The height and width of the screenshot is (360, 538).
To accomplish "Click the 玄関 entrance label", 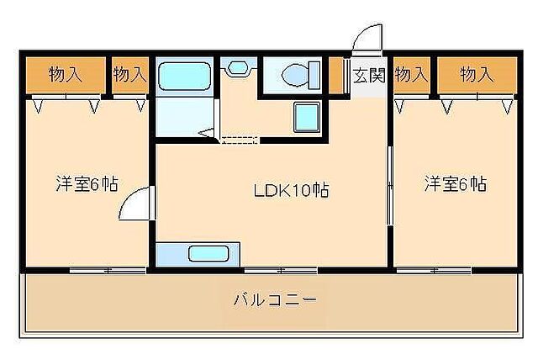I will coord(368,75).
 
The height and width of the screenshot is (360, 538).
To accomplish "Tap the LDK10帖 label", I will coord(291,190).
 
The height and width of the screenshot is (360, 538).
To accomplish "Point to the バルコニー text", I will coord(275,299).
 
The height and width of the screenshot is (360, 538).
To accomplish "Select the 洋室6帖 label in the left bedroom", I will coord(87,183).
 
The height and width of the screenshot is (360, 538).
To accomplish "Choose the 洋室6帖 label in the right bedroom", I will coord(455,183).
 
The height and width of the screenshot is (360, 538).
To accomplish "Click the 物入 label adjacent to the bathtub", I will coord(129,75).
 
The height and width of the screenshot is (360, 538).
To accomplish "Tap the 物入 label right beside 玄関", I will coord(411,75).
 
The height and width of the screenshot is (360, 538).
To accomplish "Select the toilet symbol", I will coord(295,75).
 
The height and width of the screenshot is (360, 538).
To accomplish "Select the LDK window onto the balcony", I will coord(281,270).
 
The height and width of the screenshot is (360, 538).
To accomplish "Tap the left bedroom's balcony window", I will coord(108,270).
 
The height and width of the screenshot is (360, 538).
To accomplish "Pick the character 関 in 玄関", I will coord(376,75).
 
